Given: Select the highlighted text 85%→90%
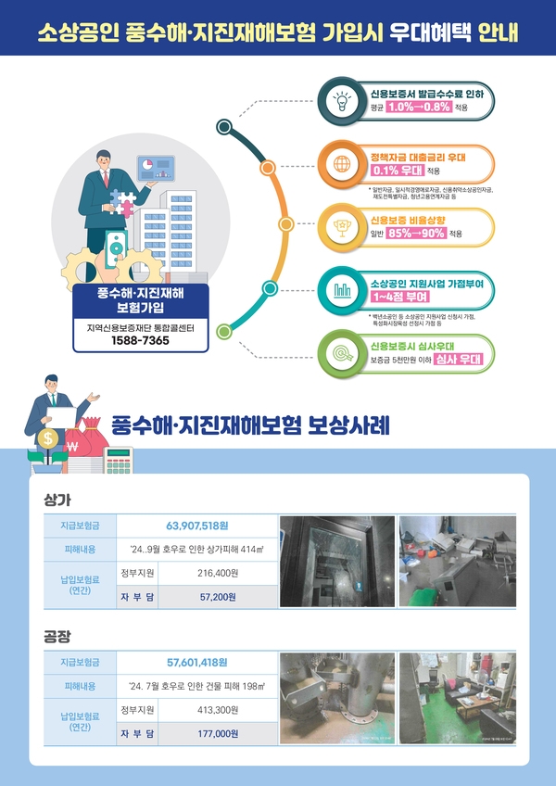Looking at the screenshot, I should (418, 234).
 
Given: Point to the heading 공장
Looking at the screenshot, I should (57, 637).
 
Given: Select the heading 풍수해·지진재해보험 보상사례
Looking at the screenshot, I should (250, 425).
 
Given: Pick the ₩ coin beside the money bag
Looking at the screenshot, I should (72, 446).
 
